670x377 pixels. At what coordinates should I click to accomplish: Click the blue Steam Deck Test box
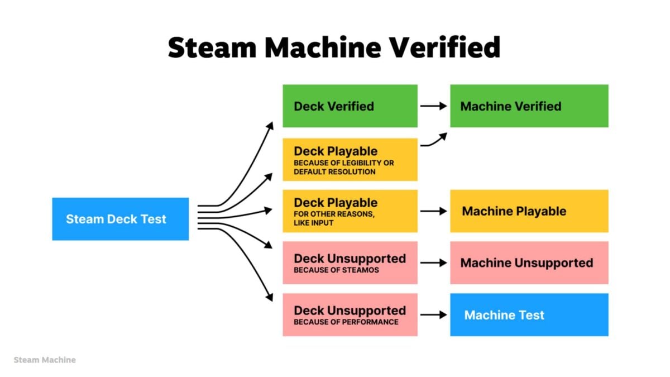coord(120,219)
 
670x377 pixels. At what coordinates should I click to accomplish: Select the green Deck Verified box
coord(350,106)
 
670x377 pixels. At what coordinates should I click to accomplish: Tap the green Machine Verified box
coord(529,106)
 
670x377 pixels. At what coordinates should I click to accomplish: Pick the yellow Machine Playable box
coord(529,211)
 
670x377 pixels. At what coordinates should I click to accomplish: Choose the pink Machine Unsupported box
coord(529,263)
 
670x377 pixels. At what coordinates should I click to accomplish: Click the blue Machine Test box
coord(529,314)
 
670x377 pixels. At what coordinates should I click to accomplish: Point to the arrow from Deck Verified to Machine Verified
coord(433,106)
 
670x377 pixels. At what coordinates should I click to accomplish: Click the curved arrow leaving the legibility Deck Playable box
coord(434,141)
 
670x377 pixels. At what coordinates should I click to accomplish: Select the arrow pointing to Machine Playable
coord(433,211)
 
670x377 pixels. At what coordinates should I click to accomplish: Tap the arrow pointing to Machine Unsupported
coord(433,263)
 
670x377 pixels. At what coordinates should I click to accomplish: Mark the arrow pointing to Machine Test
coord(433,314)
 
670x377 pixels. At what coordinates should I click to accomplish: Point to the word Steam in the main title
coord(212,48)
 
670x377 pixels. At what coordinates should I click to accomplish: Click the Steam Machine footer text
coord(45,360)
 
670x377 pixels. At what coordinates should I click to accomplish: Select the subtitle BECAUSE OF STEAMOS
coord(336,270)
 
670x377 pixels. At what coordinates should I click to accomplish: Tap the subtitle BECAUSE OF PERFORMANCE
coord(346,322)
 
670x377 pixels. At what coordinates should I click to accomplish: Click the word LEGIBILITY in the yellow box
coord(361,163)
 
